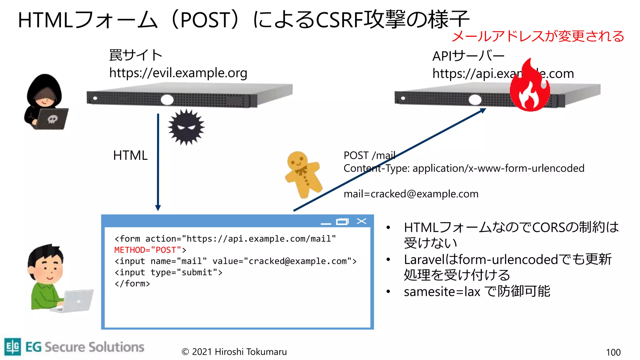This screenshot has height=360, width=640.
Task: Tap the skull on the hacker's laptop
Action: pyautogui.click(x=52, y=119)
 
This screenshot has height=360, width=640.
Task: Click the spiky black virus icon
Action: pyautogui.click(x=186, y=127)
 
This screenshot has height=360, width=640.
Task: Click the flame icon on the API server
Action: pyautogui.click(x=530, y=87)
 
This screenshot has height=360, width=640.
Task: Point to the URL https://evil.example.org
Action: pyautogui.click(x=178, y=73)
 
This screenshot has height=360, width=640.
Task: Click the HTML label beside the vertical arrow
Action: pyautogui.click(x=130, y=155)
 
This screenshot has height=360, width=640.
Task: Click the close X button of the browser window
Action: pyautogui.click(x=362, y=221)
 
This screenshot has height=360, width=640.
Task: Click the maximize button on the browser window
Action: pyautogui.click(x=342, y=222)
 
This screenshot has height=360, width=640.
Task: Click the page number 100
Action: pyautogui.click(x=613, y=352)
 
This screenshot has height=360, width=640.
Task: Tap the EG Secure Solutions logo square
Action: pyautogui.click(x=13, y=347)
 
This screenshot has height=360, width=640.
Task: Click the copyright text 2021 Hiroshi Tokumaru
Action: pyautogui.click(x=234, y=352)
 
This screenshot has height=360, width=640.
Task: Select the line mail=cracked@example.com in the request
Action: pyautogui.click(x=411, y=194)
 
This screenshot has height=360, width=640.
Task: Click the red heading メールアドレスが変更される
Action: pyautogui.click(x=537, y=36)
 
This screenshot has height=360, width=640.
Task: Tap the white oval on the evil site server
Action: pyautogui.click(x=167, y=100)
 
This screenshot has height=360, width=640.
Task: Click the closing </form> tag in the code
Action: pyautogui.click(x=132, y=284)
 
